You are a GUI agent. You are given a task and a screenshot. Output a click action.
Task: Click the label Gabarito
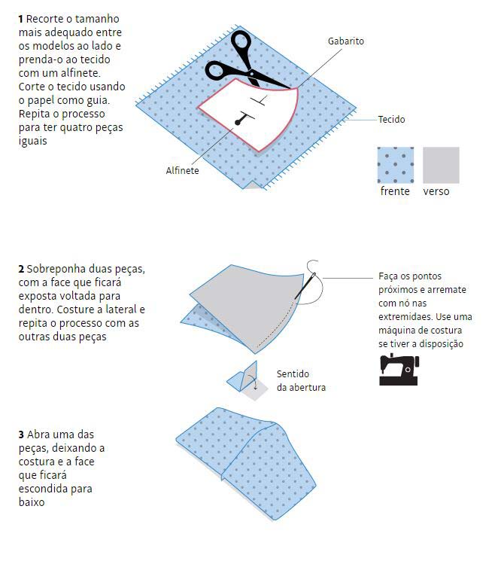pyautogui.click(x=346, y=41)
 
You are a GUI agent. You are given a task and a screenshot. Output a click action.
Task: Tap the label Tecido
pyautogui.click(x=392, y=119)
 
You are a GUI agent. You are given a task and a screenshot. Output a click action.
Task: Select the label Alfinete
pyautogui.click(x=182, y=170)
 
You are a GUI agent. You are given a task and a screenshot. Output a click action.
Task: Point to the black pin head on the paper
pyautogui.click(x=238, y=123)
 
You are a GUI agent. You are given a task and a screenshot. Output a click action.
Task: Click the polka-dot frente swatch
pyautogui.click(x=396, y=165)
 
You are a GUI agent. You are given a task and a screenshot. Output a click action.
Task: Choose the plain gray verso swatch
pyautogui.click(x=441, y=165)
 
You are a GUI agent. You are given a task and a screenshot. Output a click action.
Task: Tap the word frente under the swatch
pyautogui.click(x=395, y=191)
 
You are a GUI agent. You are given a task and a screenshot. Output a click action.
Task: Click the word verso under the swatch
pyautogui.click(x=436, y=191)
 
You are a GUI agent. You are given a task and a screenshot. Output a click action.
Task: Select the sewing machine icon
pyautogui.click(x=399, y=370)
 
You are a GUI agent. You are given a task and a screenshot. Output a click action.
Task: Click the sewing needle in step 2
pyautogui.click(x=305, y=286)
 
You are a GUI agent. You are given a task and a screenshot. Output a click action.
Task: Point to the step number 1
pyautogui.click(x=21, y=19)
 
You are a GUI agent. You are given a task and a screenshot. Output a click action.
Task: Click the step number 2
pyautogui.click(x=21, y=269)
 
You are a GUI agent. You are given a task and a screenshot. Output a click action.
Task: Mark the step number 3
pyautogui.click(x=21, y=434)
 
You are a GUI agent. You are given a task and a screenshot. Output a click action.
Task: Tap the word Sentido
pyautogui.click(x=293, y=374)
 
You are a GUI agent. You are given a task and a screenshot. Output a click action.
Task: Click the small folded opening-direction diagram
pyautogui.click(x=247, y=380)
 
